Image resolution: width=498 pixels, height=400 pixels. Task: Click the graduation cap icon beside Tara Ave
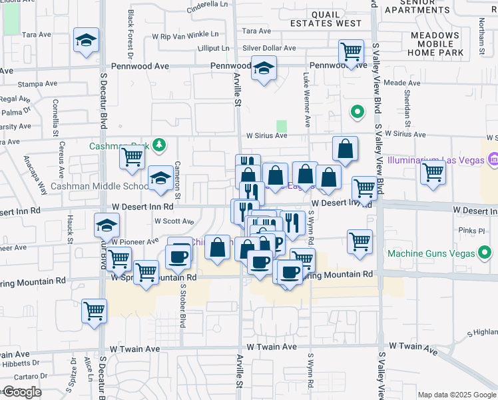click(x=86, y=41)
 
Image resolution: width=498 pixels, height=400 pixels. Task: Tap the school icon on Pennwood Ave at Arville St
click(x=264, y=69)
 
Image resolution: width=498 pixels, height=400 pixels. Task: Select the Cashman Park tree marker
click(x=158, y=145)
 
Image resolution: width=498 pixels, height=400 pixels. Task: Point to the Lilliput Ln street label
click(x=214, y=49)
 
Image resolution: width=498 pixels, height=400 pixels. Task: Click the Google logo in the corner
click(x=21, y=392)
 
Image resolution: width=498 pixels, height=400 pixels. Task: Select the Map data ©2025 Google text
click(x=456, y=395)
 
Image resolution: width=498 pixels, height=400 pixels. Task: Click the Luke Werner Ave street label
click(x=307, y=100)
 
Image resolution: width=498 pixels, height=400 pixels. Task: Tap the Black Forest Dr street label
click(x=130, y=33)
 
